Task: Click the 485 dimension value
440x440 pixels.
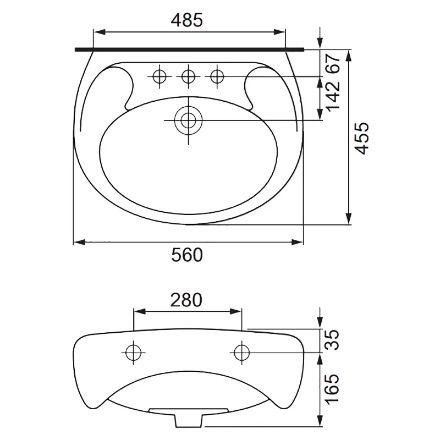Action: pos(187,20)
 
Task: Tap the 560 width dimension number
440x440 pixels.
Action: pos(187,255)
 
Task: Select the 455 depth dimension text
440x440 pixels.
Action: pos(362,138)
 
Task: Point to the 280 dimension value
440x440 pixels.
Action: pos(186,300)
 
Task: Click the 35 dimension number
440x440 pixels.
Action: pos(332,340)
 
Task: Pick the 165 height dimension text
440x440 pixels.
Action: pos(332,389)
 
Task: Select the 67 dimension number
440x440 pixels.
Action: pos(333,64)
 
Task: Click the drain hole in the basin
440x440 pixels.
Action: pos(188,120)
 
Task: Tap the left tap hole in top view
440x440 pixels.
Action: pos(159,76)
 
